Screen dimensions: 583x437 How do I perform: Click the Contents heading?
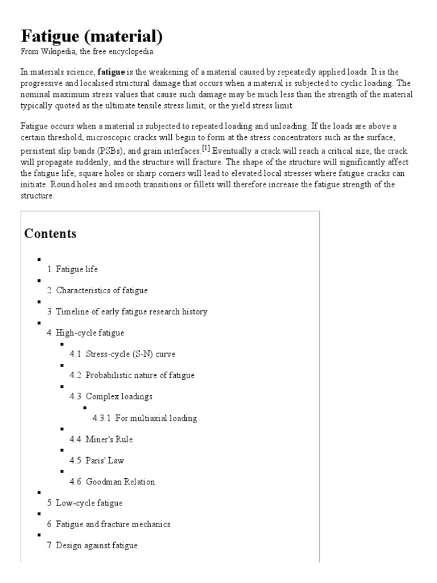[x=50, y=234]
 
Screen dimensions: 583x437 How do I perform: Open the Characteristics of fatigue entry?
[x=101, y=290]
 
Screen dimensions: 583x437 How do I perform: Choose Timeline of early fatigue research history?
[x=131, y=311]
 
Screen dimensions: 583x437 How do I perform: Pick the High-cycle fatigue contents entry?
[x=90, y=332]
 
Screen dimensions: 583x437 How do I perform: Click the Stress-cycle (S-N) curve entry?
[x=130, y=354]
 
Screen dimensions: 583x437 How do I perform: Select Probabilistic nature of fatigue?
[x=139, y=375]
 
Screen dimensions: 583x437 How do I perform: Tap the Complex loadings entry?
[x=119, y=396]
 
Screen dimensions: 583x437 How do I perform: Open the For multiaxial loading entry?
[x=155, y=418]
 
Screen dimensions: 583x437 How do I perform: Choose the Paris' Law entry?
[x=105, y=461]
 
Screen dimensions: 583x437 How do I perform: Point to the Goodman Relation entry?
[x=120, y=482]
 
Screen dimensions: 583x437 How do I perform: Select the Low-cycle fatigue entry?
[x=89, y=503]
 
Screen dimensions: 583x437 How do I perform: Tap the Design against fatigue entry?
[x=96, y=545]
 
